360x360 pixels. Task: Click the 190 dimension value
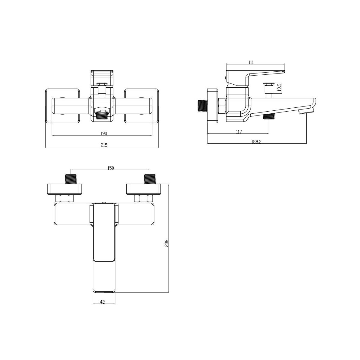pos(104,133)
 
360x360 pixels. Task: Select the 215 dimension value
pos(104,145)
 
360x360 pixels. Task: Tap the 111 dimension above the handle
pos(251,62)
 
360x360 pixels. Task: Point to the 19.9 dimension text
pos(279,88)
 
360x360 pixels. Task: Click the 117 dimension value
pos(239,132)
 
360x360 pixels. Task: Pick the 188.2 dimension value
pos(256,142)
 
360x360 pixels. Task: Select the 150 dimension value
pos(111,168)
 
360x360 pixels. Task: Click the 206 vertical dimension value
pos(166,243)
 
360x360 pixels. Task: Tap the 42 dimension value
pos(102,307)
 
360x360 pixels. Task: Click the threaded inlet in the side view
pos(202,106)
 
